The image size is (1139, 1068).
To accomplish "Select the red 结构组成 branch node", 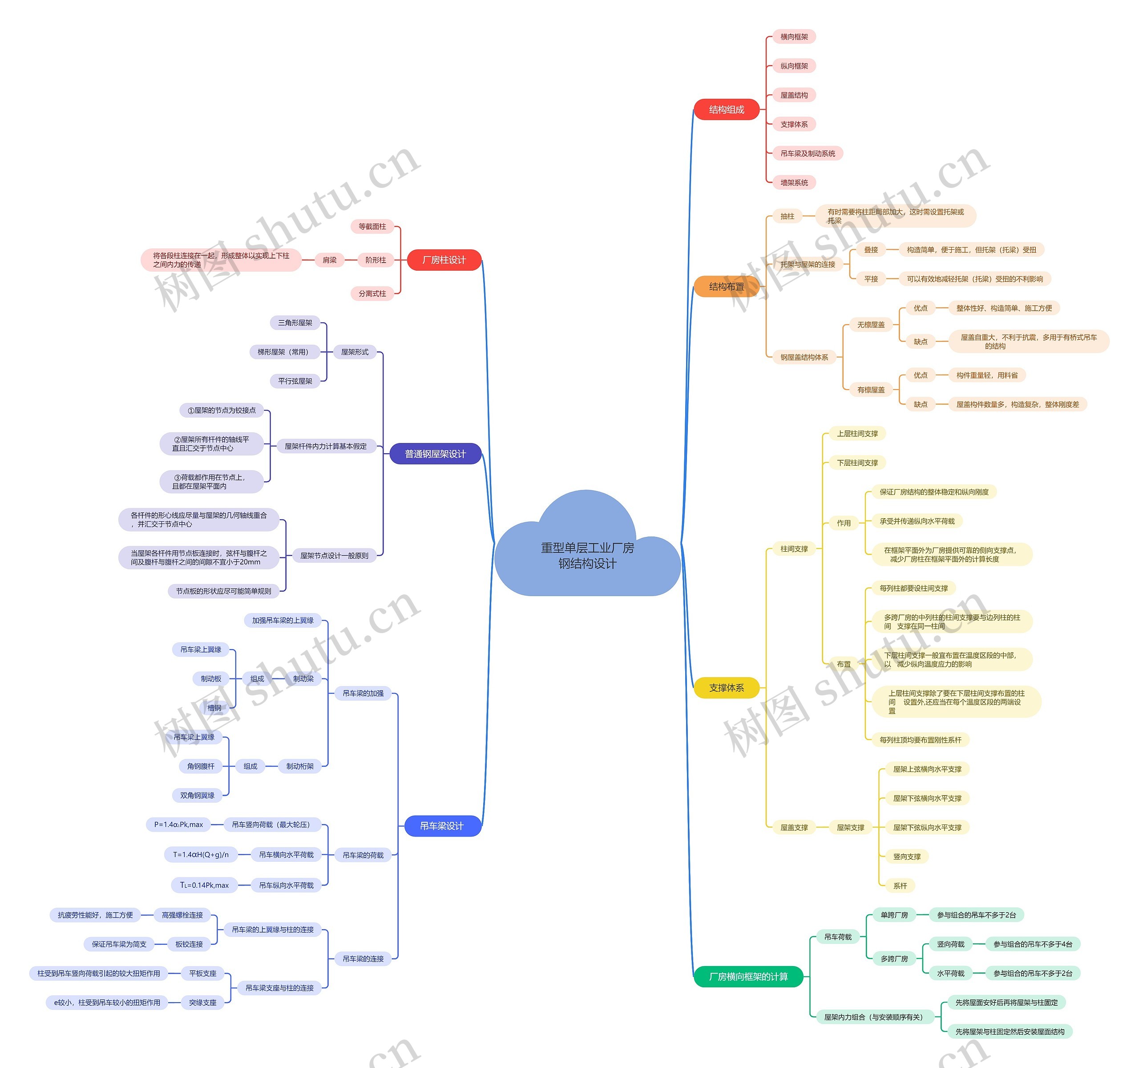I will [726, 110].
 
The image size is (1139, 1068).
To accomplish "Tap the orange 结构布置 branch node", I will [726, 287].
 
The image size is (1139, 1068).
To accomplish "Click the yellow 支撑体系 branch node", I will [726, 687].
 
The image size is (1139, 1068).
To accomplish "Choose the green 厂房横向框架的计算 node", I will [747, 976].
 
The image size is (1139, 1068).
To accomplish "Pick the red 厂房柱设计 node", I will [444, 260].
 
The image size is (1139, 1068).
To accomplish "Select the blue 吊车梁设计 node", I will [441, 825].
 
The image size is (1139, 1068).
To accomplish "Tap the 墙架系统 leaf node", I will [794, 182].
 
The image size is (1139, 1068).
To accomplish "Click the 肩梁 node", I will [329, 260].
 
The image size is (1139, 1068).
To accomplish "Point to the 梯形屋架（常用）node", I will [283, 351].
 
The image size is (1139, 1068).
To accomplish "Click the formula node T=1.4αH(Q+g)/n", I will [201, 854].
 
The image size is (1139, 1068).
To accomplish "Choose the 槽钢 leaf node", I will [214, 707].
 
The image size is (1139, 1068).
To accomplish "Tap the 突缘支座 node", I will [202, 1002].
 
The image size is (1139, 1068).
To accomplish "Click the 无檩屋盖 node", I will [870, 325].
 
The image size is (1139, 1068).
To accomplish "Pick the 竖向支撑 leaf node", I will [906, 857].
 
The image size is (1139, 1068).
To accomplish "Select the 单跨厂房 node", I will [894, 915].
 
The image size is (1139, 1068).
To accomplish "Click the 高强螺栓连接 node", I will [182, 915].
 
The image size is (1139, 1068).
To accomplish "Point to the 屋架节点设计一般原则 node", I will [334, 555].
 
